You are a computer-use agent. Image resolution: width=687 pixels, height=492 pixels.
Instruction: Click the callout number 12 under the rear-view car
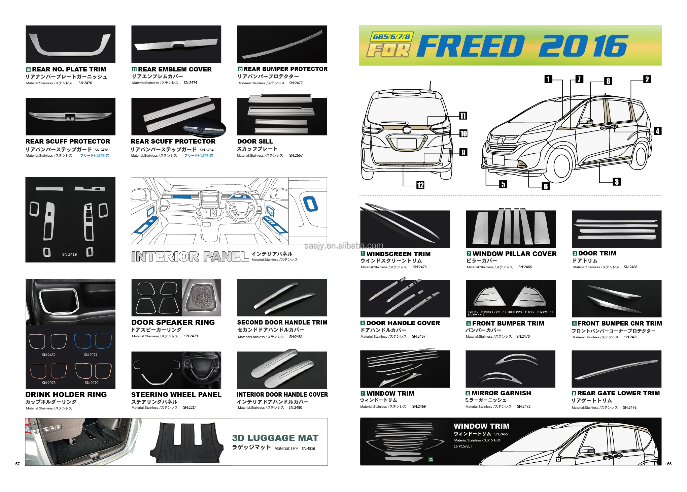pos(420,185)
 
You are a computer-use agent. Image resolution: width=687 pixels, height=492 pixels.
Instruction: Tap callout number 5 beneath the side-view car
pos(503,184)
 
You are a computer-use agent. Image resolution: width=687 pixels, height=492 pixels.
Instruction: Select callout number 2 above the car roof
pos(647,80)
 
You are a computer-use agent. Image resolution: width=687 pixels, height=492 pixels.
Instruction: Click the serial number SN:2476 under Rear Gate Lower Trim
pos(629,407)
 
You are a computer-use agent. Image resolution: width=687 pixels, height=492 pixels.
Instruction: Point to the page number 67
pos(18,464)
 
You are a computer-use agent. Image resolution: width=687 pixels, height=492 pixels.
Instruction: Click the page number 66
pos(669,464)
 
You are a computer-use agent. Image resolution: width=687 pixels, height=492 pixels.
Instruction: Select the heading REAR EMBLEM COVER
pos(175,69)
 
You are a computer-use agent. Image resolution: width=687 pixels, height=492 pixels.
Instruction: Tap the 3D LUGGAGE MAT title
pos(275,438)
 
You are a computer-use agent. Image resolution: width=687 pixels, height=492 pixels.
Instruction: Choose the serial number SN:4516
pos(308,449)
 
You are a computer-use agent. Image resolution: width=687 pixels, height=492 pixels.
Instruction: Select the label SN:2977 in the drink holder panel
pos(91,355)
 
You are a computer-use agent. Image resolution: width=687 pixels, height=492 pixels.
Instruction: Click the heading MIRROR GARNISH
pos(501,393)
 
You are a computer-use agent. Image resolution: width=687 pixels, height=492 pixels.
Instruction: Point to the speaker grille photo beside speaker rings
pos(202,298)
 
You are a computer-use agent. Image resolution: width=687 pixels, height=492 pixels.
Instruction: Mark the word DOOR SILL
pos(255,142)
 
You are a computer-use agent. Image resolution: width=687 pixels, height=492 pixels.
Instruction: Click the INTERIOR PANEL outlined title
pos(190,257)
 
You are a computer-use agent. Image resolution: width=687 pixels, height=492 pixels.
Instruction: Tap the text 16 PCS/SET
pos(463,447)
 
